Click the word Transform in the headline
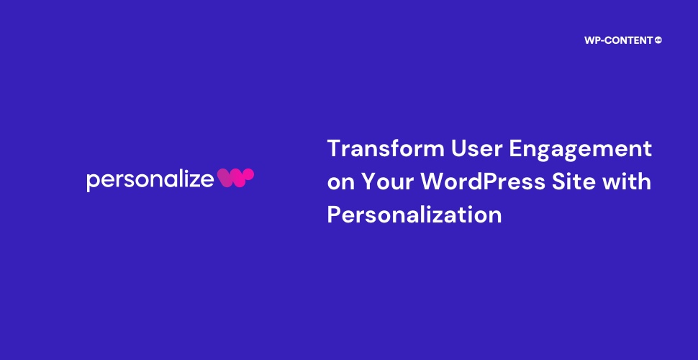386,148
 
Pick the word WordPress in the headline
483,181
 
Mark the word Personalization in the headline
414,215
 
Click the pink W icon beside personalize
235,177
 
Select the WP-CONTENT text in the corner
618,40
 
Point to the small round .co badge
658,40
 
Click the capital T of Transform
335,148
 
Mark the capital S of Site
560,181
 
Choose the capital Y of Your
369,181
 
